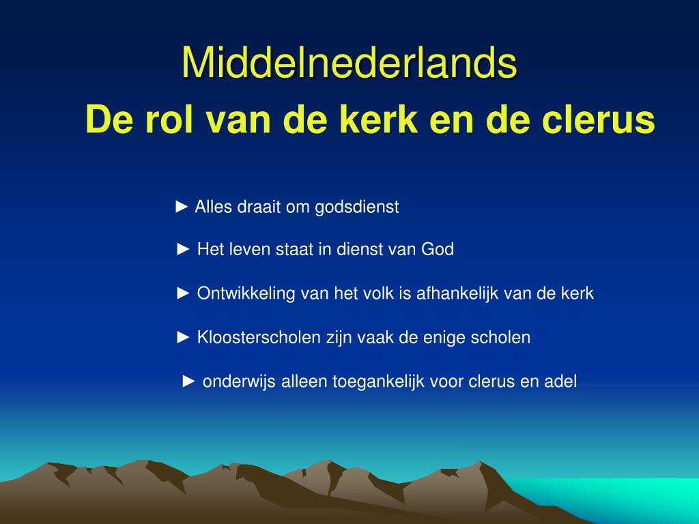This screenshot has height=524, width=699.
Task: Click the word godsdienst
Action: click(x=356, y=207)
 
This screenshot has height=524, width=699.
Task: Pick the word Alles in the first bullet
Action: click(x=214, y=207)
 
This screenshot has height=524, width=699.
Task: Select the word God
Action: click(x=438, y=249)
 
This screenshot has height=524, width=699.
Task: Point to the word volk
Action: click(x=378, y=293)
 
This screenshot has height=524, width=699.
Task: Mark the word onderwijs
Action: click(x=239, y=382)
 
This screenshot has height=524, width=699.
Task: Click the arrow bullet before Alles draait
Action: click(x=182, y=207)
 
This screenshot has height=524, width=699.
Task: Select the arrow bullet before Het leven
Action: click(x=183, y=249)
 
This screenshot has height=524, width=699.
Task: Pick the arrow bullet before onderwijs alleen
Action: click(x=189, y=381)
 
